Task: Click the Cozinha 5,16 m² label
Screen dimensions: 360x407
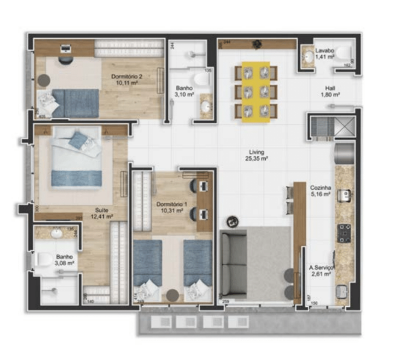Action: pos(320,191)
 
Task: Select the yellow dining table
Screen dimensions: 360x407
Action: pos(256,92)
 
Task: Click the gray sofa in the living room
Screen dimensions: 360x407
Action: pos(234,262)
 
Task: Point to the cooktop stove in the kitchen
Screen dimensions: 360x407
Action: pos(344,233)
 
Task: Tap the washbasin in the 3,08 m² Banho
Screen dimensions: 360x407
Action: pos(56,233)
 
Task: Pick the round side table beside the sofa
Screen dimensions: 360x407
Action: pos(233,221)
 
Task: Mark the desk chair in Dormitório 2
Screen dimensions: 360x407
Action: pos(66,60)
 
